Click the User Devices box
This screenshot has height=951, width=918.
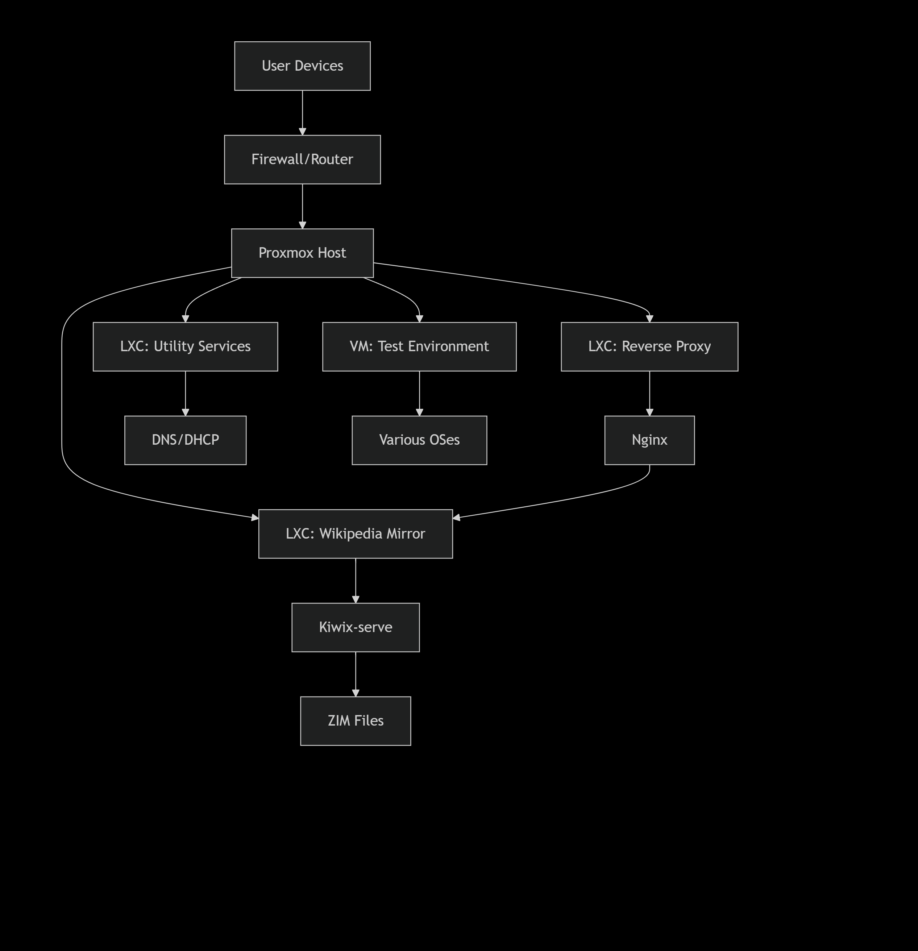click(x=302, y=66)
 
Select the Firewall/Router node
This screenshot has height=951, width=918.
click(x=302, y=159)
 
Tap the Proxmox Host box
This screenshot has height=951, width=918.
click(x=302, y=253)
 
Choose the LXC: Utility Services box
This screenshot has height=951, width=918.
click(x=185, y=346)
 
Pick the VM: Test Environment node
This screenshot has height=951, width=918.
click(x=419, y=346)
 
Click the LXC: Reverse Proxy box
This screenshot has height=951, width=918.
click(x=649, y=346)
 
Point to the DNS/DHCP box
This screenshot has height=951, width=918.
click(x=185, y=440)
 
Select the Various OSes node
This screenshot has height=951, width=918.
click(x=419, y=440)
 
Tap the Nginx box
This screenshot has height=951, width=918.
click(x=649, y=440)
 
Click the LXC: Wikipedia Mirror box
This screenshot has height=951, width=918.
click(x=355, y=534)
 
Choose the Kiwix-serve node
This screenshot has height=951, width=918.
click(x=355, y=627)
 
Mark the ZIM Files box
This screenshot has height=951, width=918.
click(x=355, y=721)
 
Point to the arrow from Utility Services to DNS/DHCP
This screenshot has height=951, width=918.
click(x=185, y=393)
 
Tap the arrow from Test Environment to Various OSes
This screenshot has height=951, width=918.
click(x=419, y=393)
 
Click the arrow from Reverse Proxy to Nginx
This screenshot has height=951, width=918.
click(x=649, y=393)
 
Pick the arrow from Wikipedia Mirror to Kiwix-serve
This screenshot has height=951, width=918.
click(x=355, y=580)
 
